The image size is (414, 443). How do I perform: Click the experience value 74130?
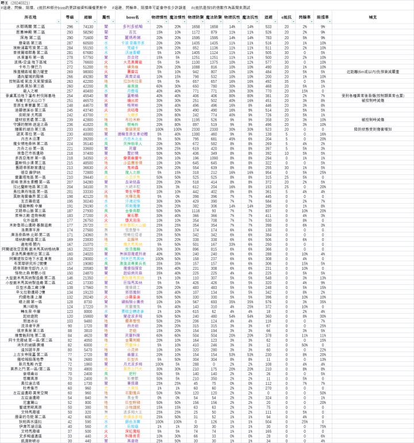pyautogui.click(x=89, y=26)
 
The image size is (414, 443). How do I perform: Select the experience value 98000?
pyautogui.click(x=89, y=72)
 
